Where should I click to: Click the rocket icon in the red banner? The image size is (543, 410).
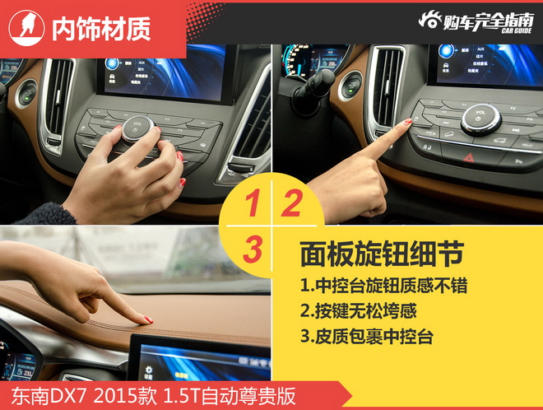(x=26, y=28)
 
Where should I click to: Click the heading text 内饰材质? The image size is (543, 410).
(x=100, y=29)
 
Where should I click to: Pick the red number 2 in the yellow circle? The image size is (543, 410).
(x=290, y=203)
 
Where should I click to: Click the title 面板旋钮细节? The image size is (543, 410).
(x=381, y=254)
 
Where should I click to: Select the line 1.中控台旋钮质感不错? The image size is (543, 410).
(x=383, y=287)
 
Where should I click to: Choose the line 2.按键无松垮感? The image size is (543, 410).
(x=358, y=312)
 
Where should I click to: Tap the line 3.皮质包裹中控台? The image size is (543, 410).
(x=366, y=337)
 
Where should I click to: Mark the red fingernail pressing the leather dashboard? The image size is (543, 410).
(x=147, y=319)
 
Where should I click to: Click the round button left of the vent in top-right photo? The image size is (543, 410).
(x=351, y=85)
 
